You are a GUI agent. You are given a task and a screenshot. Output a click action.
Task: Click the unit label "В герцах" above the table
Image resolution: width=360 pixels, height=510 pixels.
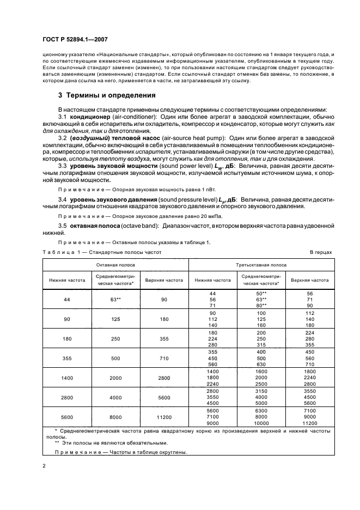(x=321, y=252)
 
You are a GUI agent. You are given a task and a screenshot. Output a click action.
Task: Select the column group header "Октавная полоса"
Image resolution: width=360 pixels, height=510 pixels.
(x=116, y=265)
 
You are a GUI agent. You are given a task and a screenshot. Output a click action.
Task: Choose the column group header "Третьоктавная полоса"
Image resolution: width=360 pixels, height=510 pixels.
(x=259, y=265)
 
